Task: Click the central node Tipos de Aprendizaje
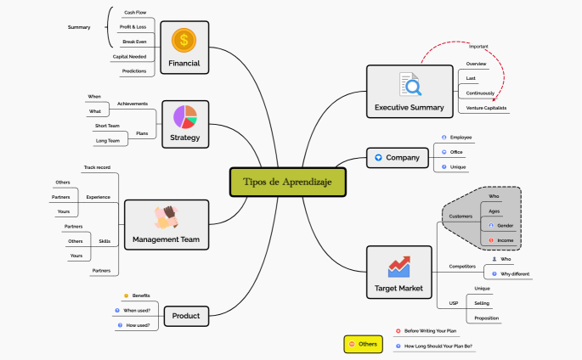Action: pos(288,182)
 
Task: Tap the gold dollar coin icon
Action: pos(184,40)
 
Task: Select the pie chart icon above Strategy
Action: pos(185,116)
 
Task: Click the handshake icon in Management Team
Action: pos(167,217)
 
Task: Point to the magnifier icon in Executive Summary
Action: pos(410,85)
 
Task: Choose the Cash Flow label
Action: pos(134,13)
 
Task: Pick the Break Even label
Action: pos(134,42)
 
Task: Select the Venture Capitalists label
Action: pos(486,109)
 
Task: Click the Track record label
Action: pos(97,167)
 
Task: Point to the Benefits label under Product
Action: pos(141,295)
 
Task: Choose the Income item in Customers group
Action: pos(505,241)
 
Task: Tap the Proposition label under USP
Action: pos(487,318)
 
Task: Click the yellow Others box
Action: pos(363,344)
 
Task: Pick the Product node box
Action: pos(185,316)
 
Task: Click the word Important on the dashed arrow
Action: pos(478,47)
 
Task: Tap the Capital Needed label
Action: pos(129,57)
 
